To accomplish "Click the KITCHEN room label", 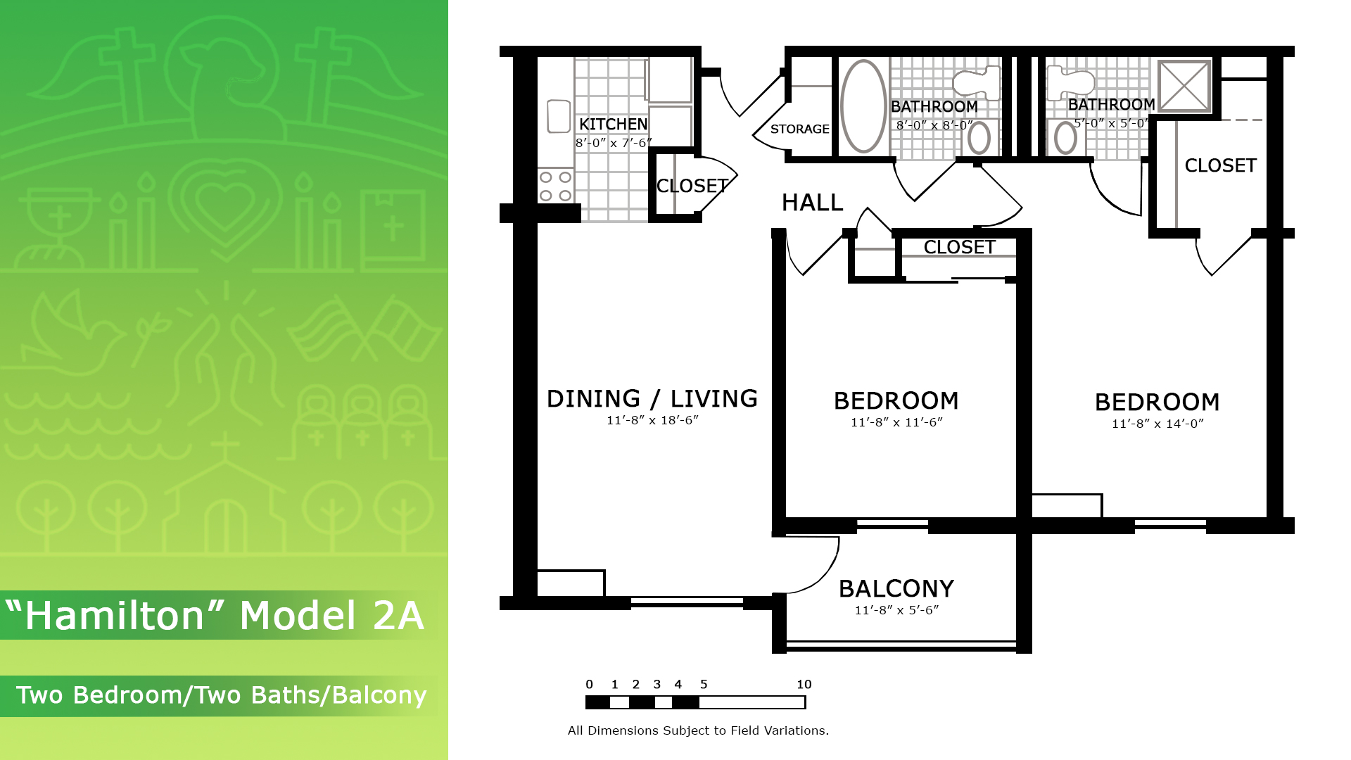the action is tap(613, 125).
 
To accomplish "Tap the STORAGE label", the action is tap(799, 129).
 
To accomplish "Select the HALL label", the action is tap(812, 203).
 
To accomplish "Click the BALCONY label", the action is tap(896, 588).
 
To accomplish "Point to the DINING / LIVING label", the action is tap(652, 398).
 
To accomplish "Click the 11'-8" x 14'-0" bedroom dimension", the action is tap(1157, 424).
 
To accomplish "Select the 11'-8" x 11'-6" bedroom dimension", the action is tap(896, 422).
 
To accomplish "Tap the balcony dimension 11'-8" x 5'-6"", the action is tap(896, 610).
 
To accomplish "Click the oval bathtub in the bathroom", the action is tap(863, 106).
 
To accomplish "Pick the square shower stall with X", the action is tap(1184, 86).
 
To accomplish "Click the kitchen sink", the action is tap(559, 116).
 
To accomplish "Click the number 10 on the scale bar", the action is tap(804, 684).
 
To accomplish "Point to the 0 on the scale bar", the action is tap(590, 684).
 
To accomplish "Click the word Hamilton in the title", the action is tap(115, 616).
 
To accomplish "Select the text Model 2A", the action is tap(332, 616).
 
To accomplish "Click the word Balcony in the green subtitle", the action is tap(379, 695).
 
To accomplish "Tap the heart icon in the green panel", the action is tap(224, 201).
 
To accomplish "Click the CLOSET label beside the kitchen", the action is tap(692, 186).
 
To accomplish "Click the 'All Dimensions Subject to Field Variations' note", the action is tap(698, 730).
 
